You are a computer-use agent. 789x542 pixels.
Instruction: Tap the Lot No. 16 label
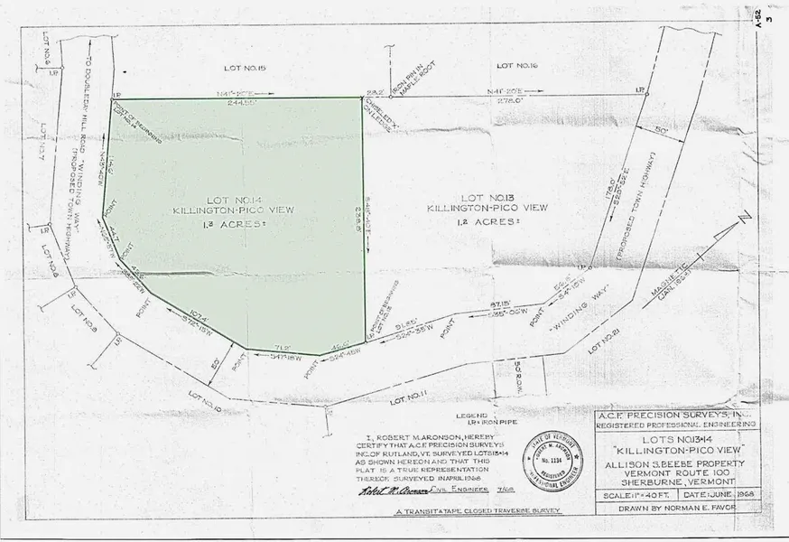tap(517, 67)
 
